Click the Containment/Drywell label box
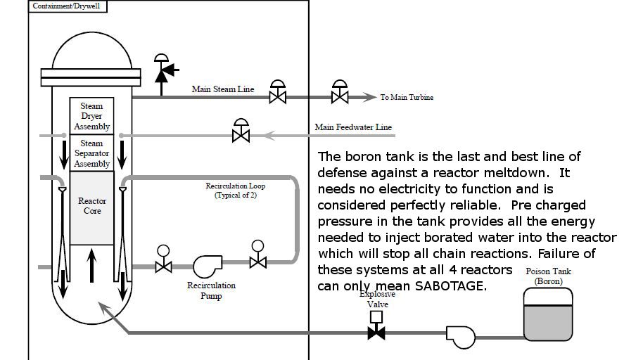point(68,6)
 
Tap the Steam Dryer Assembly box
point(91,116)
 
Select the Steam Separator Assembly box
point(91,153)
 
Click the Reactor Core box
point(91,208)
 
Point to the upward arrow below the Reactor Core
point(91,265)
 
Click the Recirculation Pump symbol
point(208,266)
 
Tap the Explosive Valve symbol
point(376,326)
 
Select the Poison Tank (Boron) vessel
point(548,314)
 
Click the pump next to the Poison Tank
point(461,337)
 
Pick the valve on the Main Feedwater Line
point(241,131)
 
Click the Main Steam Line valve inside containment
point(277,92)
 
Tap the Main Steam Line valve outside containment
point(340,92)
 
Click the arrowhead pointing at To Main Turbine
point(369,97)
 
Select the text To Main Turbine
point(407,97)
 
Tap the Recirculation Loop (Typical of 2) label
point(235,190)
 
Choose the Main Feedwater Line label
point(353,127)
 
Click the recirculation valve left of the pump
point(163,259)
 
